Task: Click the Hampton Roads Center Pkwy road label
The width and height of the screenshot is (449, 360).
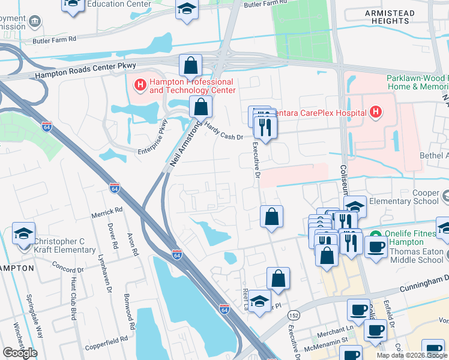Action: point(86,71)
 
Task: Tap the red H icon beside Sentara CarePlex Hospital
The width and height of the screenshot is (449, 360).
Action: point(376,112)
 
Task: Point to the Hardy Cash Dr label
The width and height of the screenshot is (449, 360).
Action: point(224,132)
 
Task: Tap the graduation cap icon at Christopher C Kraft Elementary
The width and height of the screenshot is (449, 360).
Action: point(23,233)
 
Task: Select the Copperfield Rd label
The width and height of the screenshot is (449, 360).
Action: point(107,338)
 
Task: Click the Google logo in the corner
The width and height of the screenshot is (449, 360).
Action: point(20,352)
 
